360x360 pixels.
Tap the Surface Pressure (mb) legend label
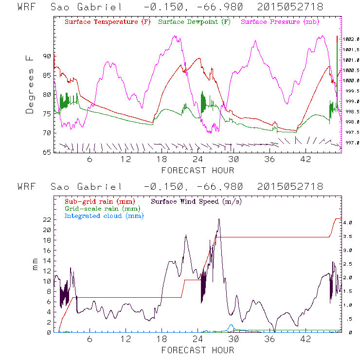click(x=280, y=22)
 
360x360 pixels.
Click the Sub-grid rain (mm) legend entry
click(x=99, y=200)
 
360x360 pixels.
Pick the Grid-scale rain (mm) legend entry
click(x=101, y=208)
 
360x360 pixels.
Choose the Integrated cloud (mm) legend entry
click(x=104, y=215)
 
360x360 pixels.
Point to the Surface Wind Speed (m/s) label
click(x=197, y=200)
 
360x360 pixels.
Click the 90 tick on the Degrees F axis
click(x=47, y=56)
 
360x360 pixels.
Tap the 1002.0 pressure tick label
click(x=351, y=39)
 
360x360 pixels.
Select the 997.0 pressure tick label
click(x=351, y=143)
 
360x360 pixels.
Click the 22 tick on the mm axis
click(x=47, y=219)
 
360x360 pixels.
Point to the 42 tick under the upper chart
click(x=305, y=160)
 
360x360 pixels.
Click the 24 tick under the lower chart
click(x=198, y=340)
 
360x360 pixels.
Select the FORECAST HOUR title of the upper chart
click(x=198, y=170)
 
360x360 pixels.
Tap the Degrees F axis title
click(x=30, y=84)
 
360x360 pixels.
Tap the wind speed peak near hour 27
click(x=219, y=219)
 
